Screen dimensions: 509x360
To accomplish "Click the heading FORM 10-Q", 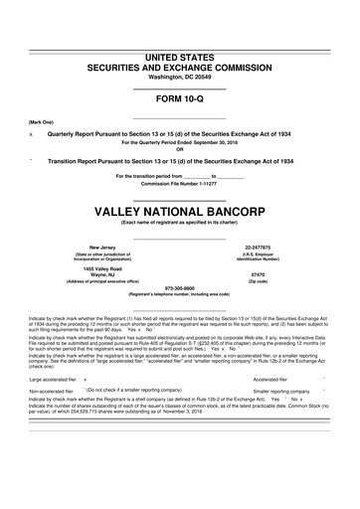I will pos(180,99).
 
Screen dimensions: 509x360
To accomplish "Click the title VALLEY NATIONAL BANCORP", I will pos(180,185).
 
